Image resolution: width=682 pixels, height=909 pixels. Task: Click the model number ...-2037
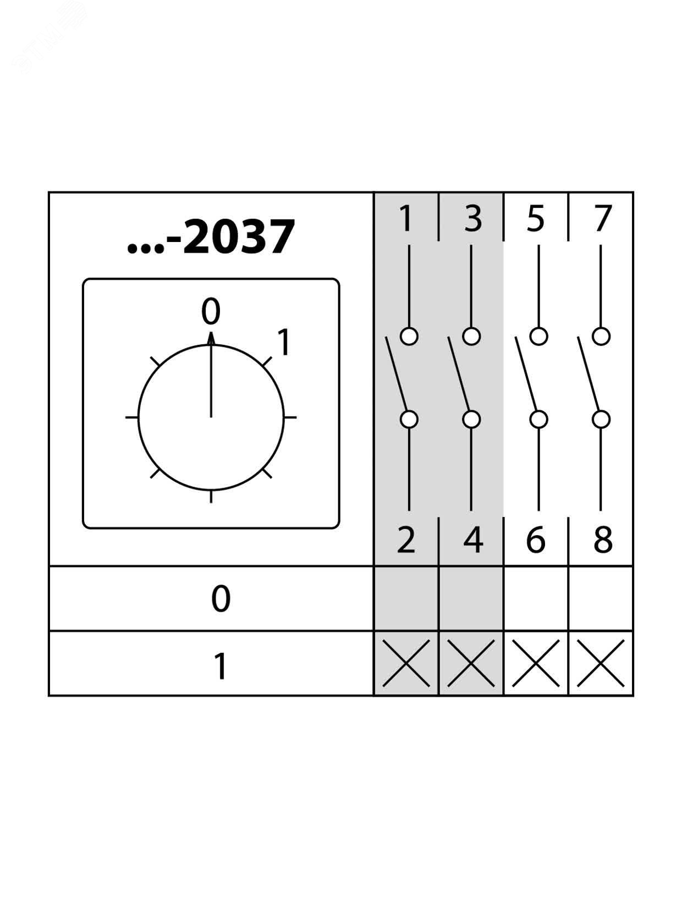pyautogui.click(x=211, y=237)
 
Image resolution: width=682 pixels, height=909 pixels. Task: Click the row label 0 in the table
pyautogui.click(x=221, y=599)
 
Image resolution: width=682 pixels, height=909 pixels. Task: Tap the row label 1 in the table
pyautogui.click(x=220, y=666)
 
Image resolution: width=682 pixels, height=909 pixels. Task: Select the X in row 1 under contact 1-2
pyautogui.click(x=406, y=663)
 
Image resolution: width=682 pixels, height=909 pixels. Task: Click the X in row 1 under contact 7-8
pyautogui.click(x=601, y=663)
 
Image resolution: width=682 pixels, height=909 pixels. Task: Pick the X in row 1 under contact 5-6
pyautogui.click(x=536, y=663)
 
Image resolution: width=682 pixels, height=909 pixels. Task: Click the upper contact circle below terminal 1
pyautogui.click(x=409, y=336)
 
